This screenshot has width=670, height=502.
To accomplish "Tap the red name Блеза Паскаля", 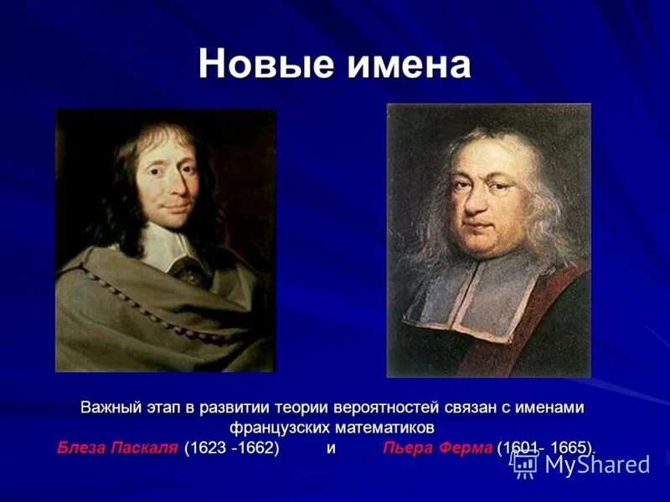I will [x=117, y=448].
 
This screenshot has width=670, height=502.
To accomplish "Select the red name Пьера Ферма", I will [x=437, y=448].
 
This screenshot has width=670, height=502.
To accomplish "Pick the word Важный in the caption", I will [x=114, y=407].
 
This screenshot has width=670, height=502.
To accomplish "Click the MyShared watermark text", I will [x=596, y=464].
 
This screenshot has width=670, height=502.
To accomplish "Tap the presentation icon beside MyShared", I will [x=525, y=463].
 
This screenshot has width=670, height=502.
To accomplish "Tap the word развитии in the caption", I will [x=240, y=407].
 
